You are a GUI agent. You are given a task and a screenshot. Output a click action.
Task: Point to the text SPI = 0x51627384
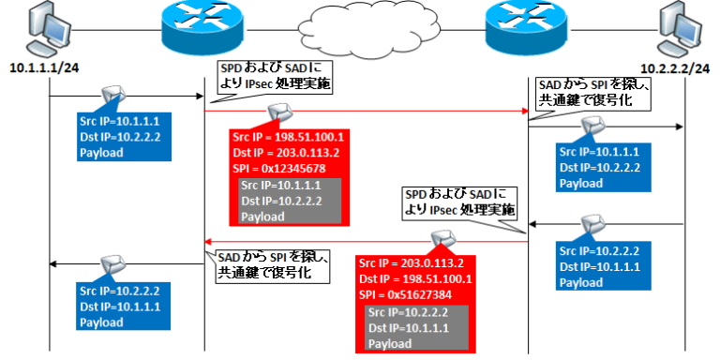point(412,293)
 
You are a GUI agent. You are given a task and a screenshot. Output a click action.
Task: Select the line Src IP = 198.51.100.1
point(289,137)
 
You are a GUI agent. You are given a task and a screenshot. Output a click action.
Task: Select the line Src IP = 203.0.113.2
point(416,263)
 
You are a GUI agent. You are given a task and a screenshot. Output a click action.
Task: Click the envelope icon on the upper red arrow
point(279,112)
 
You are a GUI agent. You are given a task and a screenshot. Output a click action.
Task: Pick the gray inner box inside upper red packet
point(291,200)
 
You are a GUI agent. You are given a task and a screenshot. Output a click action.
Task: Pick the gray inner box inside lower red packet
point(419,326)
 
